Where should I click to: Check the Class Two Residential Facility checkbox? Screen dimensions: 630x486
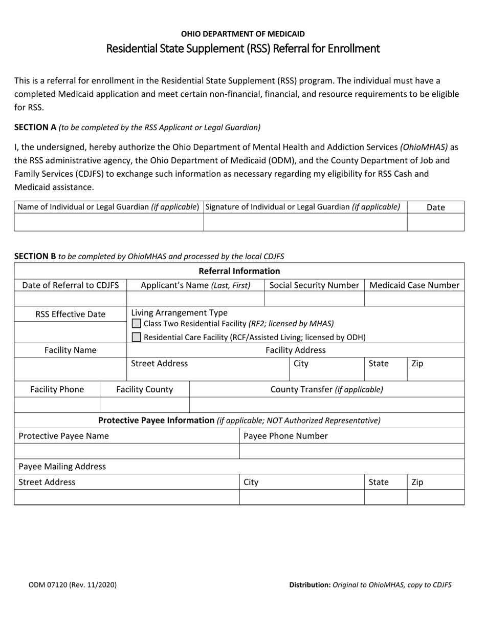point(137,324)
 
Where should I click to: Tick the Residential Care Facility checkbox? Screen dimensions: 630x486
point(137,337)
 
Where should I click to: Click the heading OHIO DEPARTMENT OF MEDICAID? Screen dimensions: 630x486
point(242,34)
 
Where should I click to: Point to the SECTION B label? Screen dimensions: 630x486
point(35,256)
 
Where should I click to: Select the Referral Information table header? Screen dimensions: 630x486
point(239,271)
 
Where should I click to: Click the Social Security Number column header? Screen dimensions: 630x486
point(314,285)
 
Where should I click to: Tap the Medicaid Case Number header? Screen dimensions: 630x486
point(414,285)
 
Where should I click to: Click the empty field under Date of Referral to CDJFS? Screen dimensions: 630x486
point(71,299)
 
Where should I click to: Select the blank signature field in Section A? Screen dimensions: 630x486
point(305,222)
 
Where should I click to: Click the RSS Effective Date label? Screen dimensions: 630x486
point(71,314)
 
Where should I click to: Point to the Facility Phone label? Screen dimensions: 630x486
point(57,389)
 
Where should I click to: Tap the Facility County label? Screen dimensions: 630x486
point(145,389)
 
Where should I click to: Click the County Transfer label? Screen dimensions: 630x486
point(326,389)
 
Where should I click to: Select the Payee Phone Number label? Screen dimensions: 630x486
point(285,436)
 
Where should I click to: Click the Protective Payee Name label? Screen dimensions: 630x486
point(63,436)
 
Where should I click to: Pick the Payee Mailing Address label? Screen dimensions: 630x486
point(62,466)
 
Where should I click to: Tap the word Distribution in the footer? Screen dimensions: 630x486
point(310,584)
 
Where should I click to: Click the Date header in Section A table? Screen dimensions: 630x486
point(435,207)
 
